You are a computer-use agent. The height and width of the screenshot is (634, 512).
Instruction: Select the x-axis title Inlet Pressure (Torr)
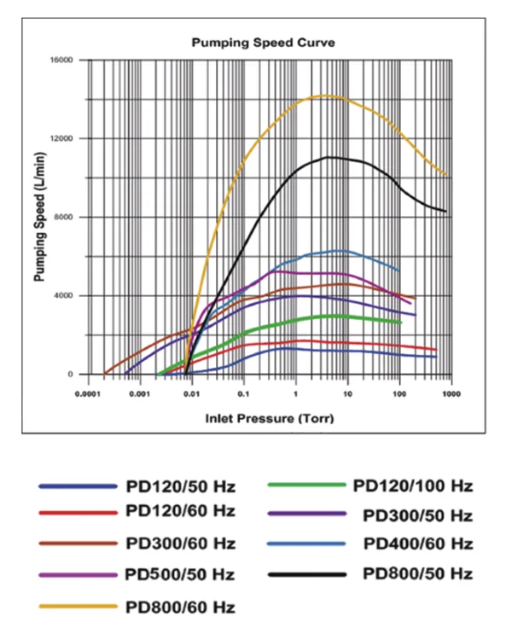268,419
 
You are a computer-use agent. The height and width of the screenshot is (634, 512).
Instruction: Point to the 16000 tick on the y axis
63,60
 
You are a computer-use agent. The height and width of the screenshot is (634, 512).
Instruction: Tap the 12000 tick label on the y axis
63,138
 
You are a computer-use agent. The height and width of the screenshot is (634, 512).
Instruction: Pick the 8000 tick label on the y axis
66,217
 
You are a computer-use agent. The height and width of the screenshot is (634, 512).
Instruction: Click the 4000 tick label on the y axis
66,295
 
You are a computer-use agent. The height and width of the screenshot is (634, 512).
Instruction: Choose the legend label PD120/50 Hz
180,487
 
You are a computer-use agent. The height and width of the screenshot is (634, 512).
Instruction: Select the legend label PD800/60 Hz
180,608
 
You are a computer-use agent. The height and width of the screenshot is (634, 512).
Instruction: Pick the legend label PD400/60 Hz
417,544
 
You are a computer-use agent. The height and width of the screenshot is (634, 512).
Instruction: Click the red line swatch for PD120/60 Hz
78,514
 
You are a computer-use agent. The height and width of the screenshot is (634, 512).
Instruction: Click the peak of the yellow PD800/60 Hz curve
325,96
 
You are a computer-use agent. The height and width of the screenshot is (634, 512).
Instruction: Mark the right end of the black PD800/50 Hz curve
446,212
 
